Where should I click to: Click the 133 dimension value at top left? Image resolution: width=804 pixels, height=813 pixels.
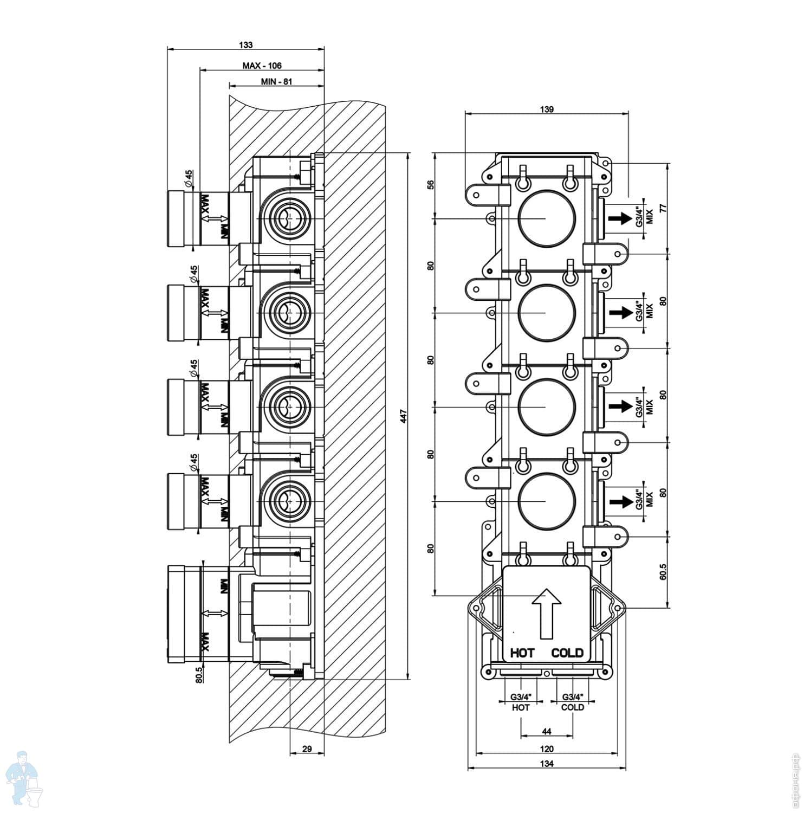coord(245,45)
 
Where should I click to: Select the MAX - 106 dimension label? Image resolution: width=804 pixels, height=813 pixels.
coord(262,66)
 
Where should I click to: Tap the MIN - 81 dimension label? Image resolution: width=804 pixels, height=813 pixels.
coord(276,82)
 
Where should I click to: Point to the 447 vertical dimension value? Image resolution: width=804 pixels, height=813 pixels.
coord(404,416)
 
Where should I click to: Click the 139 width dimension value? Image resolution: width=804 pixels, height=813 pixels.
coord(547,109)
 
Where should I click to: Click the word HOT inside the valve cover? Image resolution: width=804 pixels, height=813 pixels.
coord(522,653)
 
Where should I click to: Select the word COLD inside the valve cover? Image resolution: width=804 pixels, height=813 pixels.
coord(567,653)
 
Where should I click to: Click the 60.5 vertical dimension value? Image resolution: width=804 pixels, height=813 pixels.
coord(663,572)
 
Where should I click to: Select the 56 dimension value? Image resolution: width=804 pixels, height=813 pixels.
coord(431,184)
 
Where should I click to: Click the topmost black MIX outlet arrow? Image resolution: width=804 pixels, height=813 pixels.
coord(619,218)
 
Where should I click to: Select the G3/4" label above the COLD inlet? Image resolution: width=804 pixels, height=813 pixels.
coord(573,697)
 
